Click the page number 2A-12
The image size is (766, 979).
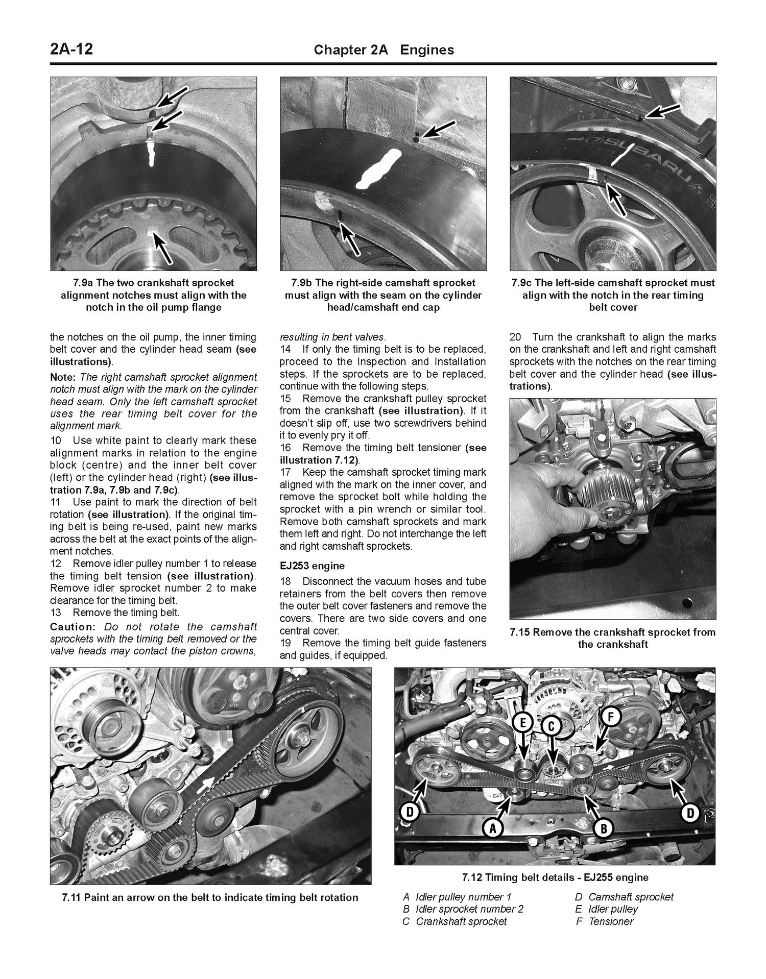tap(71, 50)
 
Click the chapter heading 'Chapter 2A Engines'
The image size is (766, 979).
tap(384, 50)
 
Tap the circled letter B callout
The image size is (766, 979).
tap(604, 828)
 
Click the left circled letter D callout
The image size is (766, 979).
tap(410, 812)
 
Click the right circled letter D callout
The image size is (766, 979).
tap(690, 813)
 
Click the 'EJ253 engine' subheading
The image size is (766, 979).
tap(312, 566)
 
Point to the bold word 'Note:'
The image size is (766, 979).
tap(63, 377)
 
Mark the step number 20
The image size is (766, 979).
tap(515, 337)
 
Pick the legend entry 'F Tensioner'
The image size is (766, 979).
tap(604, 921)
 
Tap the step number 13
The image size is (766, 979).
tap(56, 613)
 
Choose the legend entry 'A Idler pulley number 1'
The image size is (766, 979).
tap(457, 897)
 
